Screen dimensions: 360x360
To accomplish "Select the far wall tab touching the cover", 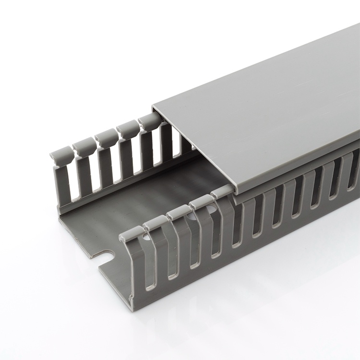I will [x=150, y=121].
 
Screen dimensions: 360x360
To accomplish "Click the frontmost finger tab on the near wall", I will [x=132, y=233].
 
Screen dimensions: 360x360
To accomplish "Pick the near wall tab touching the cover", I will [x=222, y=192].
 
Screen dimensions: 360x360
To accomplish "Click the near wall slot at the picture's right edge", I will [x=354, y=166].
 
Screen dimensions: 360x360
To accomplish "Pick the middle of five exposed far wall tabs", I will [x=107, y=138].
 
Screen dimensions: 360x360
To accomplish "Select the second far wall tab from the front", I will [x=84, y=147].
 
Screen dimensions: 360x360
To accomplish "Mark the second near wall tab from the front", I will [x=156, y=222].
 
